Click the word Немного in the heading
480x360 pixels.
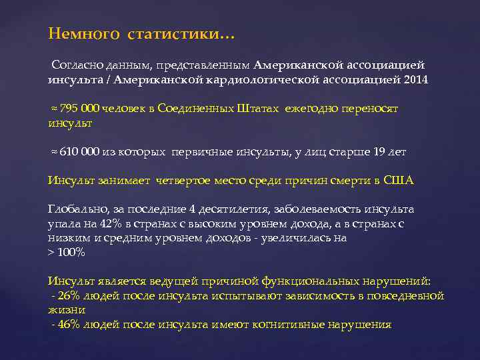point(77,33)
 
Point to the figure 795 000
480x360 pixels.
point(81,109)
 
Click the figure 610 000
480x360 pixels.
point(81,152)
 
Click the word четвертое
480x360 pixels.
point(186,180)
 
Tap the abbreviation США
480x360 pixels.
point(399,180)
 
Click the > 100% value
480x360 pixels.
point(67,253)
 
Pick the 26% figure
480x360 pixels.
point(67,295)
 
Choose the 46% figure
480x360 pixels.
point(67,325)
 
